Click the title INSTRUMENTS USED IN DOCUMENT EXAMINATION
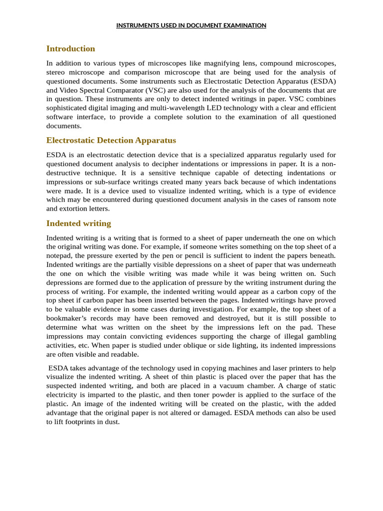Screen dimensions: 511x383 coord(191,25)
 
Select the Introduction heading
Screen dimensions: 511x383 coord(70,48)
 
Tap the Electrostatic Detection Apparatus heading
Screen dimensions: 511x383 coord(111,140)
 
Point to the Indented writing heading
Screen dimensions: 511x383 coord(78,223)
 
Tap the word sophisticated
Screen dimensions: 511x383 coord(67,108)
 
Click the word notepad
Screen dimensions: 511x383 coord(60,256)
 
